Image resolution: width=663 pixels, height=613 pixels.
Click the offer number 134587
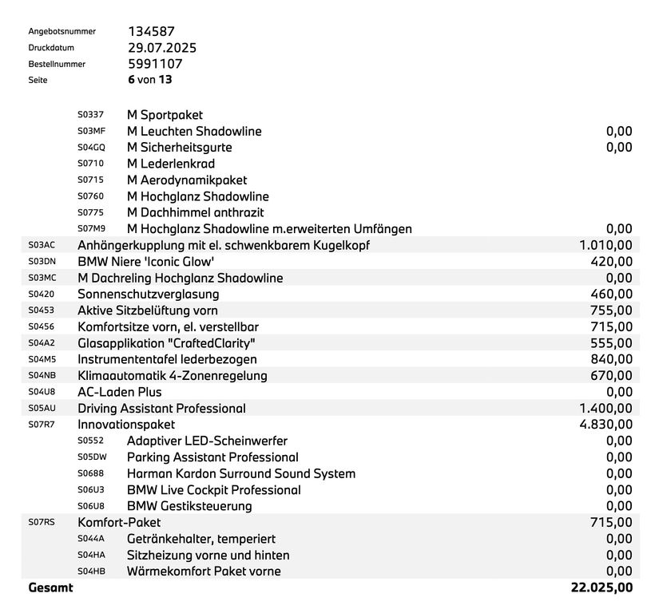151,32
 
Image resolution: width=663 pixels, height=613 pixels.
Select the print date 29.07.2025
162,48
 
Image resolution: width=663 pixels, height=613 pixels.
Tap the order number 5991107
155,64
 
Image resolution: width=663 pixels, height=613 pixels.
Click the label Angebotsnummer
62,32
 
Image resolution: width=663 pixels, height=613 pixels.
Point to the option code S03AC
42,245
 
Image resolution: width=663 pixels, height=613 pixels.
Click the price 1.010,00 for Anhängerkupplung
605,245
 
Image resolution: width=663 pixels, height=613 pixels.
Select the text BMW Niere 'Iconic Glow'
146,262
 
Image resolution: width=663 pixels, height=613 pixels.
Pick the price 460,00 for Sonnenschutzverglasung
612,295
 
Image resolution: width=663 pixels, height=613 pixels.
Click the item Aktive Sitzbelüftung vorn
147,310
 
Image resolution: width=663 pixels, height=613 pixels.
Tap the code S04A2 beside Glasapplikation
42,343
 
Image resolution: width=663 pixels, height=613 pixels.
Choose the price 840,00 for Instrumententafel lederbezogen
612,359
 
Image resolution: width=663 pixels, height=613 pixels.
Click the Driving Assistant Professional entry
161,409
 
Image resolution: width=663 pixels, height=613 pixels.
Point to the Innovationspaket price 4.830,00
605,425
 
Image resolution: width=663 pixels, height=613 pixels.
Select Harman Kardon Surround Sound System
241,474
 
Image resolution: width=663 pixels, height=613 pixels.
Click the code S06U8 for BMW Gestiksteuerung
91,507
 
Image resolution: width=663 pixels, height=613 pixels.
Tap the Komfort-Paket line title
119,523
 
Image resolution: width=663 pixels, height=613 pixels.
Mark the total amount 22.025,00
601,588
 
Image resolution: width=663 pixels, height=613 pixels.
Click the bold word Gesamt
50,588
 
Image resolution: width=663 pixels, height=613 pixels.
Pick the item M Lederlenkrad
171,164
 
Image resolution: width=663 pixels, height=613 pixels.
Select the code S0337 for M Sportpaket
90,115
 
